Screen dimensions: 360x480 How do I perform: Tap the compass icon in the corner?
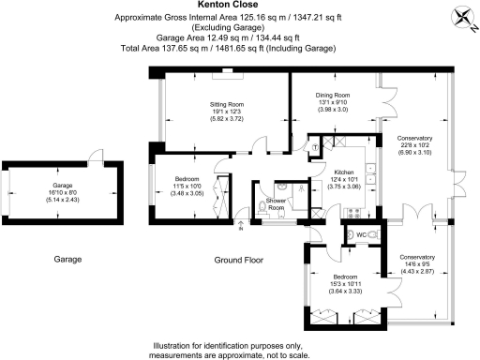(x=462, y=15)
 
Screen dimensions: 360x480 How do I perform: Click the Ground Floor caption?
(x=239, y=260)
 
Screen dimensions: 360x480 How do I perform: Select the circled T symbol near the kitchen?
(x=316, y=146)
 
